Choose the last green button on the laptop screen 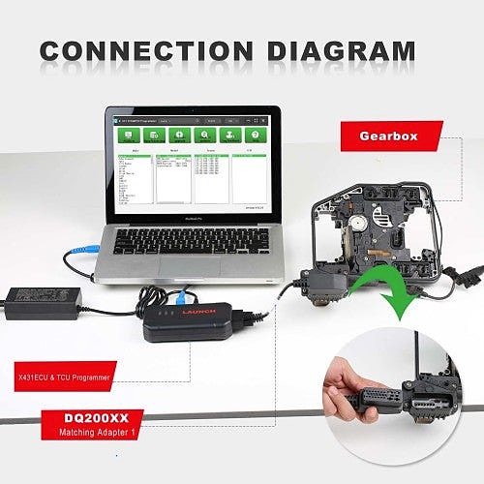[x=256, y=136]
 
